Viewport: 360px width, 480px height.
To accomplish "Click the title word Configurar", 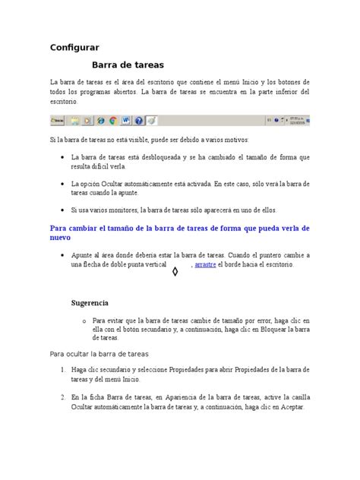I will click(74, 47).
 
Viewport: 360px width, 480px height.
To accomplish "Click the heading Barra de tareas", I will click(128, 65).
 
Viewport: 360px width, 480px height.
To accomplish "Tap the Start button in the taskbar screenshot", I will click(57, 120).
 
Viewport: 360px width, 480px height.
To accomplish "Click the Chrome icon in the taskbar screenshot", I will click(112, 120).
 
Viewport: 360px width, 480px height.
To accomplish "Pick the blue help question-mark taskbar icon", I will click(138, 120).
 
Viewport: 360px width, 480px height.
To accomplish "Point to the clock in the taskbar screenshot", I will click(295, 120).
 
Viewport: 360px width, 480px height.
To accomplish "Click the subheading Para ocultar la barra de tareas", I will click(99, 354).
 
